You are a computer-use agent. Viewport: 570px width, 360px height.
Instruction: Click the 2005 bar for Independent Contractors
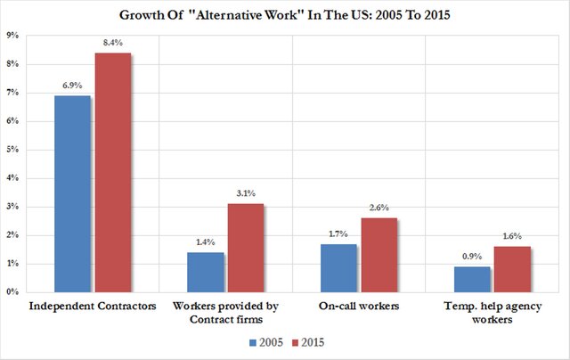pyautogui.click(x=73, y=193)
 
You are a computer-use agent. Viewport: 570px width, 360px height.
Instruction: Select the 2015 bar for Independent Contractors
pyautogui.click(x=113, y=172)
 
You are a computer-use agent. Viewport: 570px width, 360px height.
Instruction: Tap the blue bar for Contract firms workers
pyautogui.click(x=207, y=272)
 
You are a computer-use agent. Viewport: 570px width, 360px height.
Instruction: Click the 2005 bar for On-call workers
pyautogui.click(x=338, y=267)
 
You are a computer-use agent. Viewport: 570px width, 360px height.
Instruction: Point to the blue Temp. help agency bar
pyautogui.click(x=472, y=279)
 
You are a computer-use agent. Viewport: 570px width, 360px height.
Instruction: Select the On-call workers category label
pyautogui.click(x=359, y=307)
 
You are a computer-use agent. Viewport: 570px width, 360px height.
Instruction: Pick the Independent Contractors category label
pyautogui.click(x=94, y=307)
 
